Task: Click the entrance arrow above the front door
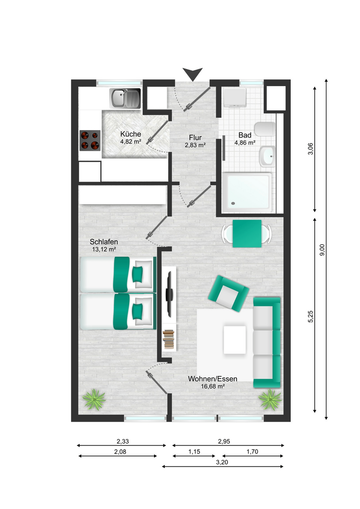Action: click(193, 74)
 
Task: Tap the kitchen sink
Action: click(125, 99)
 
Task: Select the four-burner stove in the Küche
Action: click(90, 140)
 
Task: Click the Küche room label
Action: click(131, 134)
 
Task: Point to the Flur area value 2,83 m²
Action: click(195, 145)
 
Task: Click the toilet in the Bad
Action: click(265, 129)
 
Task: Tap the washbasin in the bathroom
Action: click(267, 156)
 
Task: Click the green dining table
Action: click(247, 234)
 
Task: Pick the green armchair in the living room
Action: click(229, 294)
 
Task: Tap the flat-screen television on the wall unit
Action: click(169, 294)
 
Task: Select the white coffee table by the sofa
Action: click(235, 340)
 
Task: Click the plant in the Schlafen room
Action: click(94, 400)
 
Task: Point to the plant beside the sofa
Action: click(270, 400)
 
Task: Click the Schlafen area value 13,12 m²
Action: click(104, 249)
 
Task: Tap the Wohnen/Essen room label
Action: click(213, 379)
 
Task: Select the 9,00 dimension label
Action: click(322, 250)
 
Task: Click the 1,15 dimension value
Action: click(194, 452)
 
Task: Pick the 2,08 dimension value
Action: click(120, 452)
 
